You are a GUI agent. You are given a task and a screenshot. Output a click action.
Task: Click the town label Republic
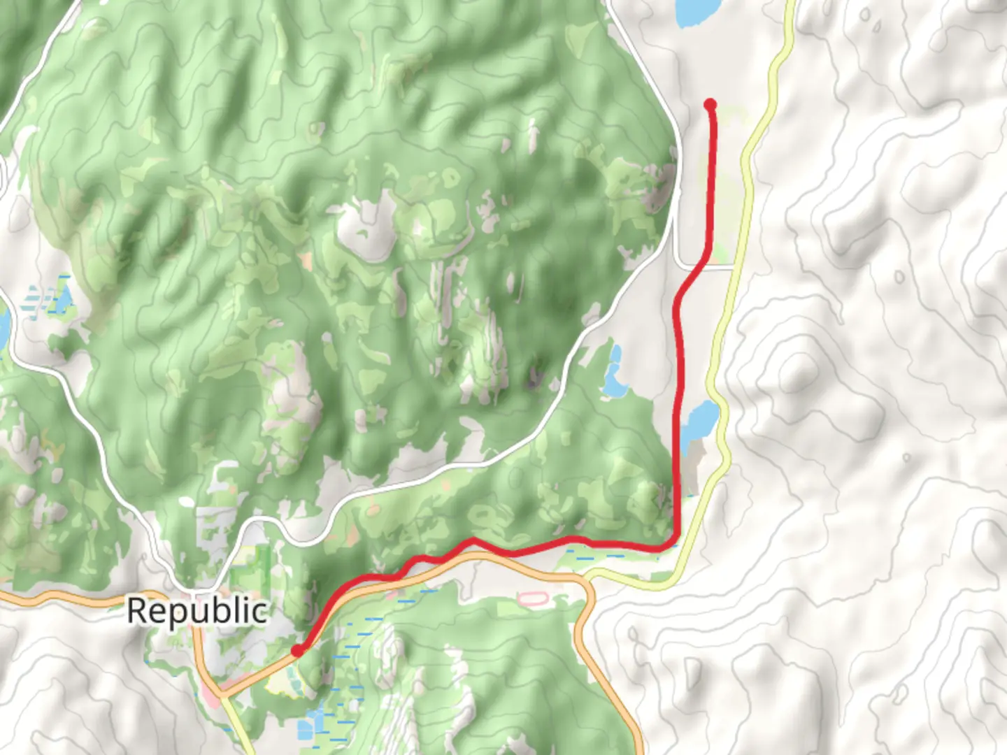(197, 611)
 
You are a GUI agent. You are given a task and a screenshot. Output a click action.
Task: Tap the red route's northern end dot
(710, 105)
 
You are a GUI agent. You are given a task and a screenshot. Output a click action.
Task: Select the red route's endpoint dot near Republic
(297, 651)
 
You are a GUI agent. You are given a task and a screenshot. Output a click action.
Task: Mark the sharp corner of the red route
(673, 541)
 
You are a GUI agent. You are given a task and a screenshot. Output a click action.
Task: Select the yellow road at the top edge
(790, 7)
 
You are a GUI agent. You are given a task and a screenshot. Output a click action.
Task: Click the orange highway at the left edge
(7, 596)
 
